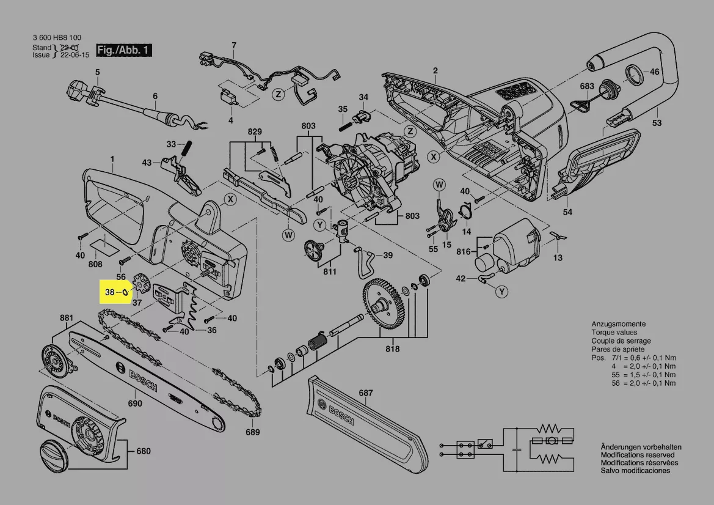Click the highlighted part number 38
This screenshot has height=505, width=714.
109,293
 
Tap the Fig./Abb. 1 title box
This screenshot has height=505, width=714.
124,50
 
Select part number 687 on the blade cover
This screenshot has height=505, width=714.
365,393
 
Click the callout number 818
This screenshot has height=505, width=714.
392,349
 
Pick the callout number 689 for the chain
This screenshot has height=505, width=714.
252,432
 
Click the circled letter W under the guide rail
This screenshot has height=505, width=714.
288,235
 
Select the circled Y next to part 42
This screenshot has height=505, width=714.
501,292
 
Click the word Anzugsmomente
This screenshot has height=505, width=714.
618,324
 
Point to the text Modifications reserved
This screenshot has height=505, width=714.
638,455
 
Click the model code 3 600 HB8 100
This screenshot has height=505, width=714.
57,38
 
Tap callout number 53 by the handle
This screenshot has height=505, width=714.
657,123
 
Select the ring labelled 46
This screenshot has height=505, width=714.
633,76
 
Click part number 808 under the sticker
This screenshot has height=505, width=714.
95,265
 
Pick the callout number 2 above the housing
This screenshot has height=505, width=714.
435,71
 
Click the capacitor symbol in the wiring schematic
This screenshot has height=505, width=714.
518,448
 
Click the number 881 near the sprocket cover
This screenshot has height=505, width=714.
66,318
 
